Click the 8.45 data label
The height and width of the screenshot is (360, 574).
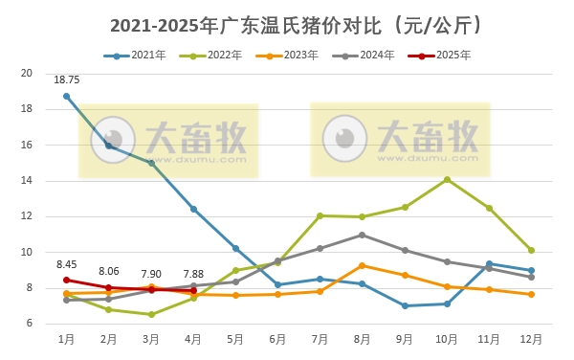tap(67, 264)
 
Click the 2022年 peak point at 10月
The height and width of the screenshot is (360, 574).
tap(447, 179)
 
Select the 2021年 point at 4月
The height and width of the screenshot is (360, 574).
tap(193, 209)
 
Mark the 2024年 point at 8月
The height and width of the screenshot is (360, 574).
tap(362, 235)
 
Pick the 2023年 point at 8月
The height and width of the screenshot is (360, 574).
tap(362, 265)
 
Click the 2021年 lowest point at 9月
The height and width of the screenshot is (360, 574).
tap(405, 306)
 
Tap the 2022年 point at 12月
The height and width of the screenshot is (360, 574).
tap(531, 250)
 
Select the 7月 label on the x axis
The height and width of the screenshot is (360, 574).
tap(320, 339)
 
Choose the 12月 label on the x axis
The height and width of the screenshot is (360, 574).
tap(531, 339)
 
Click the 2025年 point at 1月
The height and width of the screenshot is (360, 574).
tap(67, 281)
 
